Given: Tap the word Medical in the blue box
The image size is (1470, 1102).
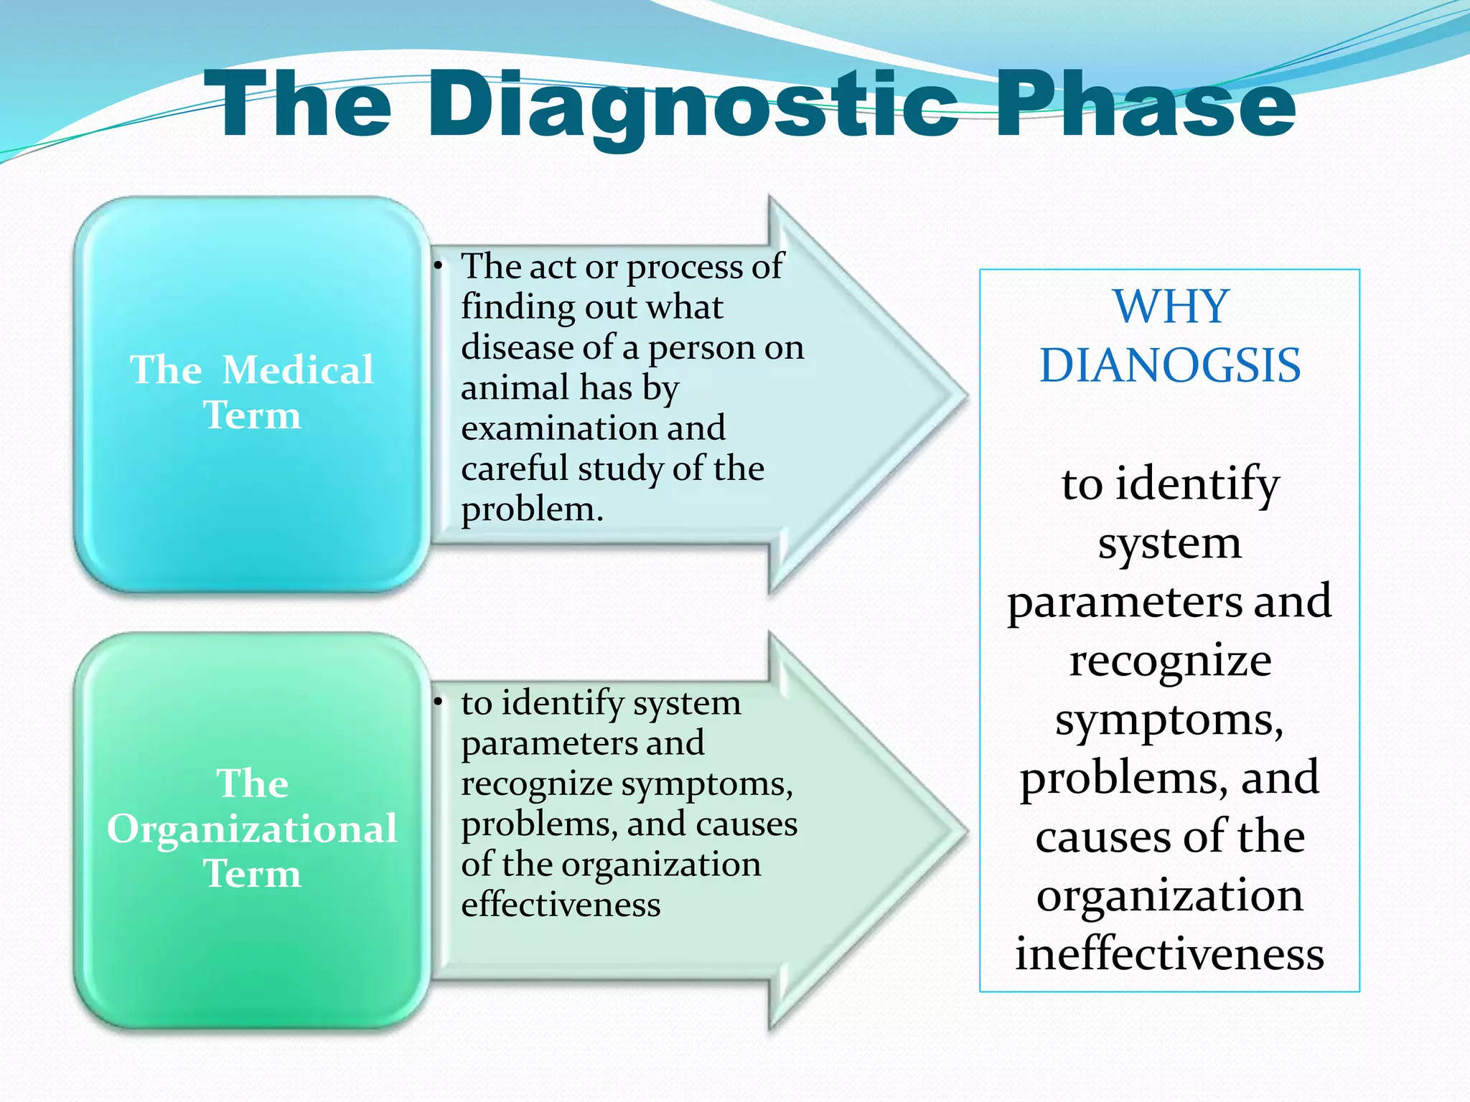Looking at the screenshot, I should pos(297,370).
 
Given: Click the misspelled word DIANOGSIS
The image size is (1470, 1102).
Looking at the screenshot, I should pos(1170,366).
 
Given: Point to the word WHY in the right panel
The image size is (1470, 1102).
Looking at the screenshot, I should pos(1171,307).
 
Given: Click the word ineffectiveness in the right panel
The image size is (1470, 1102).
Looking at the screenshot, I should pos(1169,954).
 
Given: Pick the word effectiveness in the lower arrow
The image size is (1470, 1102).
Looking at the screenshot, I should pos(560,905).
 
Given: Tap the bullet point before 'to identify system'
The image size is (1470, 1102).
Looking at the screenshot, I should pos(436,703).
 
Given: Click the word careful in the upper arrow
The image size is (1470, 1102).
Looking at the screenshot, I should pos(514,469).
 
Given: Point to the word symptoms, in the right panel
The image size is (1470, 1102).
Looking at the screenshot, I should pos(1169,720).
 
